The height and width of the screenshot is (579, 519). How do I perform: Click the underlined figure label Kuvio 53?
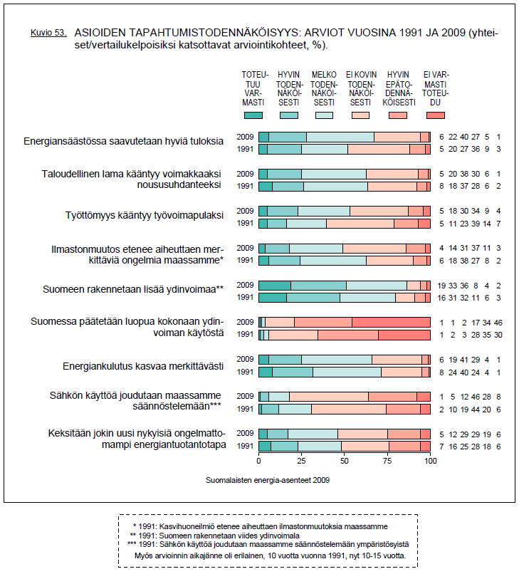pyautogui.click(x=48, y=33)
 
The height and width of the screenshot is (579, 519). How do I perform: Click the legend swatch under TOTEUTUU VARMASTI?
pyautogui.click(x=253, y=115)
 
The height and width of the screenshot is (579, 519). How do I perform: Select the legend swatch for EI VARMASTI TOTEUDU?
pyautogui.click(x=435, y=115)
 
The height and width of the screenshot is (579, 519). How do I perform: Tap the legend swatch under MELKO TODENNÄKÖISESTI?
pyautogui.click(x=324, y=115)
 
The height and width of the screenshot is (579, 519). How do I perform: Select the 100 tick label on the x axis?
pyautogui.click(x=430, y=461)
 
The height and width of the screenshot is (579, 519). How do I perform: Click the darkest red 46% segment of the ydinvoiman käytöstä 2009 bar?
pyautogui.click(x=391, y=322)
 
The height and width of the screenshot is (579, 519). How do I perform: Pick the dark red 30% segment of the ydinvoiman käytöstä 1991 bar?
pyautogui.click(x=404, y=335)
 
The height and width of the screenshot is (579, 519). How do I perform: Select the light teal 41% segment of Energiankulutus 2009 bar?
pyautogui.click(x=337, y=360)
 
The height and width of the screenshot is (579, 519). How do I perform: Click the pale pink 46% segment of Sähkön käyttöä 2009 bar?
pyautogui.click(x=329, y=397)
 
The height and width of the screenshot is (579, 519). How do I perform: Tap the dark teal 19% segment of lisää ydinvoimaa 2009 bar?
pyautogui.click(x=275, y=285)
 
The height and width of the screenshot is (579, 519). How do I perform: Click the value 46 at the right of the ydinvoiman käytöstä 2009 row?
pyautogui.click(x=498, y=323)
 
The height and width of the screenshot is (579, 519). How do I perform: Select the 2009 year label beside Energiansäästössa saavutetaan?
pyautogui.click(x=245, y=136)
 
